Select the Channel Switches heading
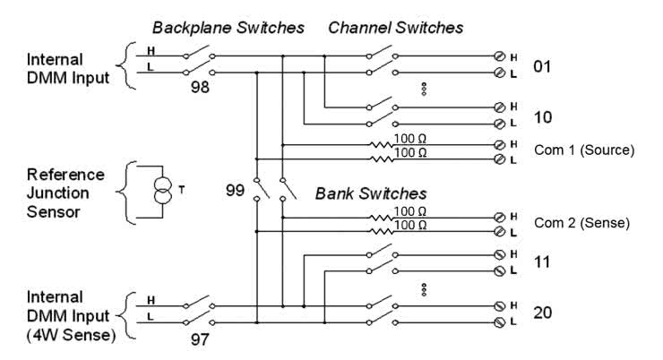395,28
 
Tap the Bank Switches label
369,193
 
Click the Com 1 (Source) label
583,150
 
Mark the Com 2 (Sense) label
583,223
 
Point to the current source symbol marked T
163,190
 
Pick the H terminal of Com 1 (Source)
500,143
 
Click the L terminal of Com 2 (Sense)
500,231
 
